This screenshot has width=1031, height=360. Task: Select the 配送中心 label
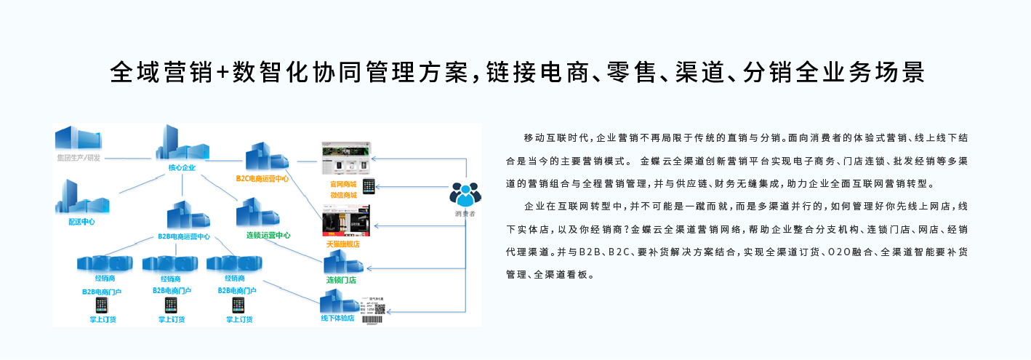(81, 222)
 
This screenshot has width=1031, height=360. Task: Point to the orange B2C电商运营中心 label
(262, 177)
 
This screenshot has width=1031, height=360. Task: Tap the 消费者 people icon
(465, 193)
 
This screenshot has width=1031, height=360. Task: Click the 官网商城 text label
(343, 185)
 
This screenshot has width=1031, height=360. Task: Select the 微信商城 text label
(343, 195)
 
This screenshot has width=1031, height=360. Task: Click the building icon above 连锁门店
(340, 263)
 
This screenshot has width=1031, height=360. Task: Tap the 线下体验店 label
(338, 318)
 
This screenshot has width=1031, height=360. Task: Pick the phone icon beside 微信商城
(369, 187)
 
